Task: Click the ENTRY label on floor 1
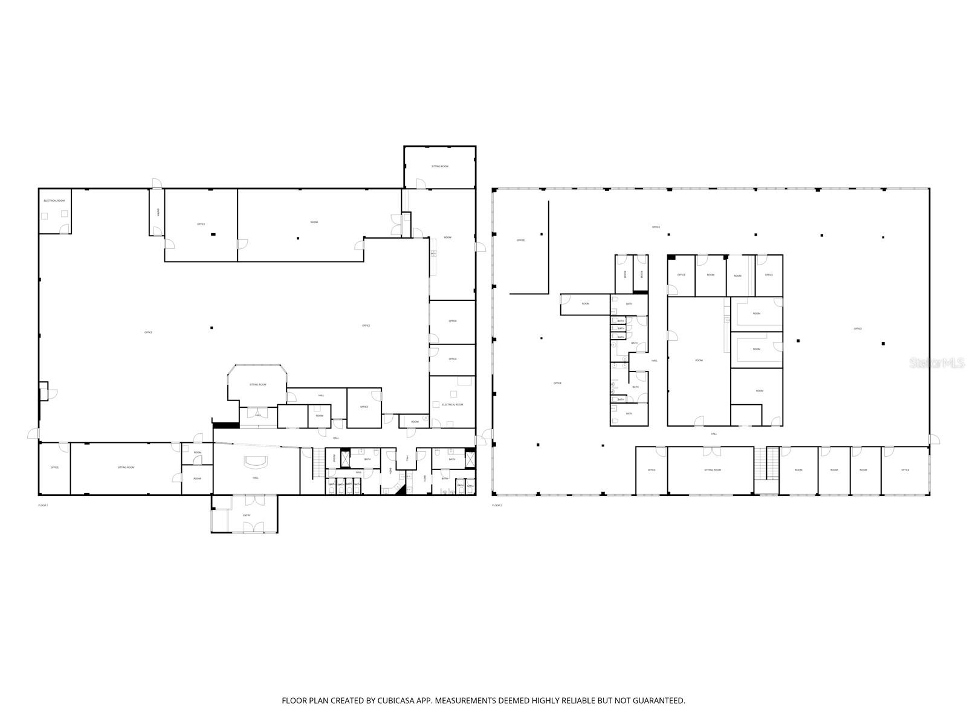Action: tap(247, 515)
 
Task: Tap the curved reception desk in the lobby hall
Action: tap(256, 462)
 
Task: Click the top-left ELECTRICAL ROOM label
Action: tap(54, 200)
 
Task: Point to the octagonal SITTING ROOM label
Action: tap(258, 385)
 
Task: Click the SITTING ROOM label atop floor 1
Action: tap(440, 166)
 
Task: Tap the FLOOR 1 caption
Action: tap(43, 505)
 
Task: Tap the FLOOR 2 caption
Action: tap(497, 505)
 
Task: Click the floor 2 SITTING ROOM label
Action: tap(713, 469)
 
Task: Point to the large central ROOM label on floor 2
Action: tap(699, 361)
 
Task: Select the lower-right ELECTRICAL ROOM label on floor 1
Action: tap(453, 405)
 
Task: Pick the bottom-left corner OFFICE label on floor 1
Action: tap(54, 468)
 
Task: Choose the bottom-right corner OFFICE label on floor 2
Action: tap(905, 469)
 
